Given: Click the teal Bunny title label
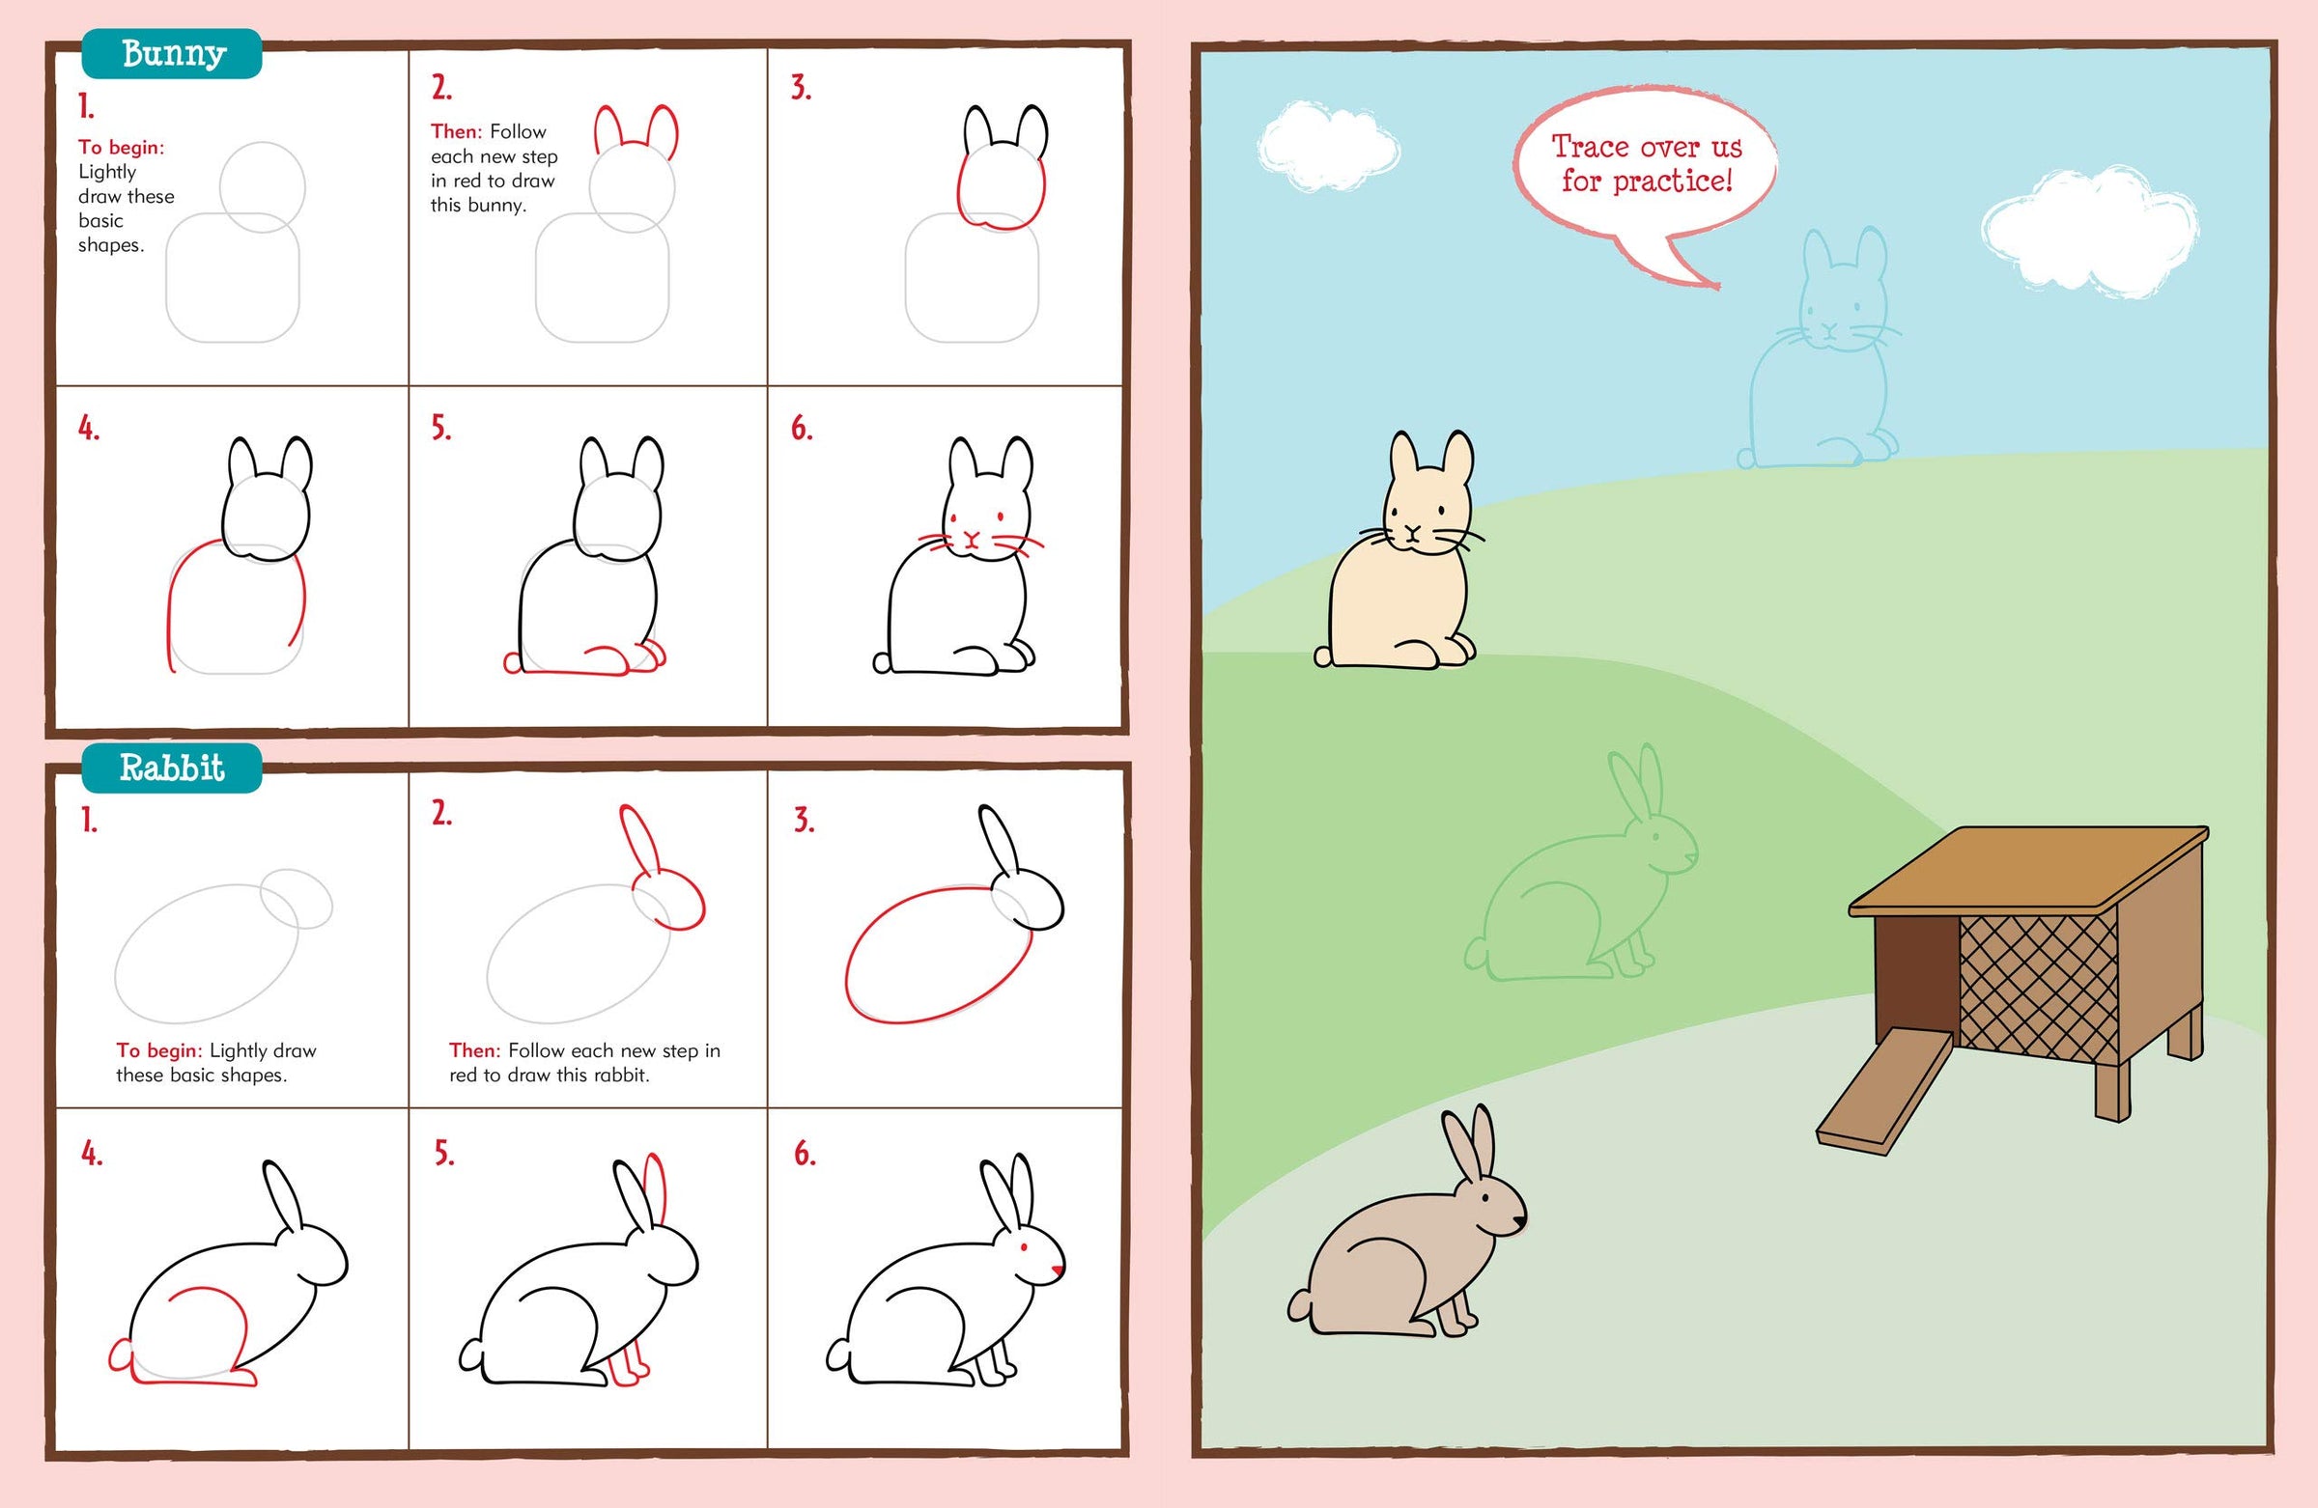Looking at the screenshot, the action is [172, 53].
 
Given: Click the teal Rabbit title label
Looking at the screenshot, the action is [172, 768].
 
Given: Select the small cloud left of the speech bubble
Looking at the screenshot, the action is [1326, 146].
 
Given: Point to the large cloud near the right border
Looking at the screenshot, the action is [2089, 232].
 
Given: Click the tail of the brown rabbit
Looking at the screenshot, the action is [1301, 1304].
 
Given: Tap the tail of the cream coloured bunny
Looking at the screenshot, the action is [1323, 656].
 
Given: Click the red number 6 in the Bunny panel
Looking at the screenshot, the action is [801, 428].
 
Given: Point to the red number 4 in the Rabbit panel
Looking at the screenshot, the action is [91, 1154].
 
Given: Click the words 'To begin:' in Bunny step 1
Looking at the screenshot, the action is [122, 147].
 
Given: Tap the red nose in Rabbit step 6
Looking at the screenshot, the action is [1058, 1270].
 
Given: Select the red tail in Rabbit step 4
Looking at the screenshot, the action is [121, 1355].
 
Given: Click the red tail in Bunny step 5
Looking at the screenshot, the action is [512, 663].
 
